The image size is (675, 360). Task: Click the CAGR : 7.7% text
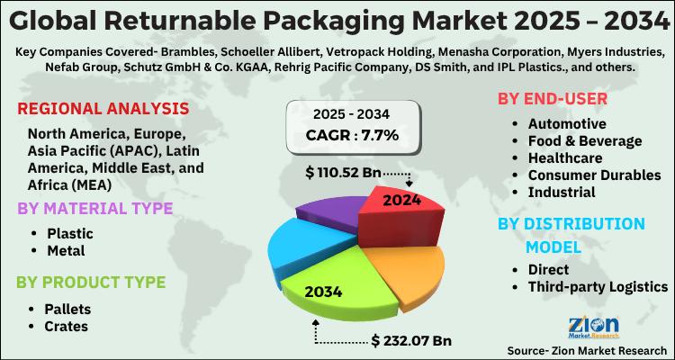point(351,136)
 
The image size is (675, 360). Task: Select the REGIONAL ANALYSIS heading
point(103,110)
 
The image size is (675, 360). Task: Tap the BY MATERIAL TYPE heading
point(94,209)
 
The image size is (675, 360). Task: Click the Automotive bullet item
point(567,123)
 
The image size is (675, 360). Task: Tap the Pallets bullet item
point(67,309)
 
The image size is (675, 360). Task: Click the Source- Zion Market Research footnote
point(586,348)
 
